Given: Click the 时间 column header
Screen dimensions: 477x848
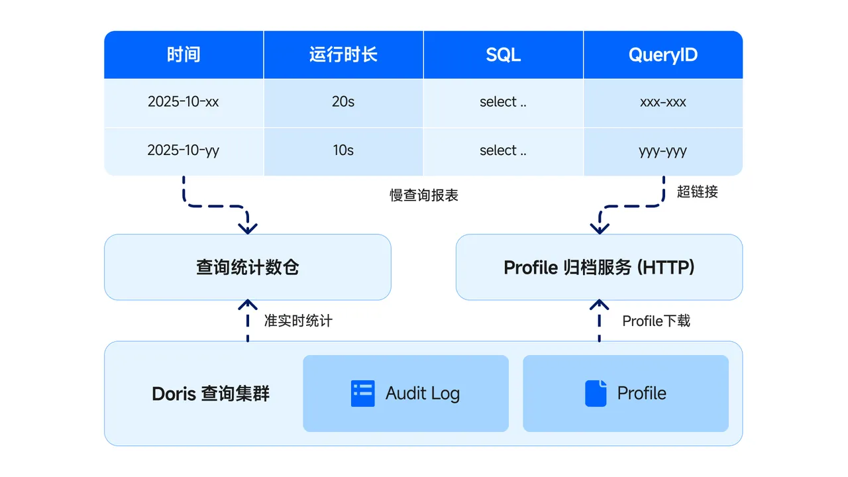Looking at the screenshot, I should (184, 54).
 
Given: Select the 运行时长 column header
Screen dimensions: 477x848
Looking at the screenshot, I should (343, 54).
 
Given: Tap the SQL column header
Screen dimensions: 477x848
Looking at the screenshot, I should (503, 54).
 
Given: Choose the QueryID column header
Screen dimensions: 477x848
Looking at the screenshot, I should (662, 54).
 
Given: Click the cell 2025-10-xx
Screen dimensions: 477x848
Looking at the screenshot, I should (184, 102).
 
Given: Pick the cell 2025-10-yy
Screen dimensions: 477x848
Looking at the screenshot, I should (184, 150).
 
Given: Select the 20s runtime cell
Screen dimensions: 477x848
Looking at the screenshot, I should (343, 102).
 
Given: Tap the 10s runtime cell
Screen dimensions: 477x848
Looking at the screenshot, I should (343, 150).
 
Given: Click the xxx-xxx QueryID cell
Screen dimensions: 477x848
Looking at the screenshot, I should (662, 102).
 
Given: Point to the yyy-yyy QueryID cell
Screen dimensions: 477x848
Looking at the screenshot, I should (662, 150).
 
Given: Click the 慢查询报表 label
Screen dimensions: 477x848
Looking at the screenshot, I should (424, 195).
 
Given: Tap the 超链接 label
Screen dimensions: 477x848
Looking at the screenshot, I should (697, 192).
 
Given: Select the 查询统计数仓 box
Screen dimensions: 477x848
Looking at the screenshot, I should (247, 267).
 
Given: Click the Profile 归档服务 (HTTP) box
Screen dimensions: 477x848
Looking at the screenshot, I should (599, 267).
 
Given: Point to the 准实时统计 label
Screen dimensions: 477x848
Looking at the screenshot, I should (298, 321).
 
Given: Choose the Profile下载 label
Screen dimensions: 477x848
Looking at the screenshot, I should (656, 321).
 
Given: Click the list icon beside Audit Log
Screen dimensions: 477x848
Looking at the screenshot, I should (362, 394).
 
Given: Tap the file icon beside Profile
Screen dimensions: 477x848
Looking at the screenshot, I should (596, 394).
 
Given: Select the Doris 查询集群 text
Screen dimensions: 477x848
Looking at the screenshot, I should (211, 394).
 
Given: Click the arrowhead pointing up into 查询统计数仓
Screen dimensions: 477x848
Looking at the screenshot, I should (248, 305).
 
